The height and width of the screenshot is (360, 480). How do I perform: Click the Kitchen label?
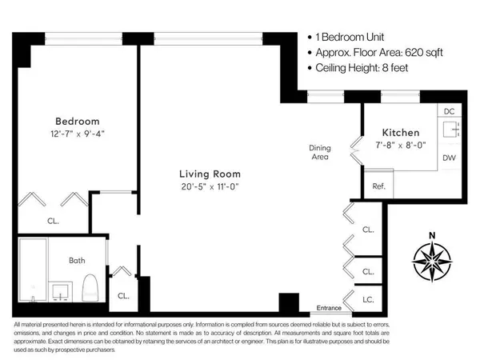click(401, 133)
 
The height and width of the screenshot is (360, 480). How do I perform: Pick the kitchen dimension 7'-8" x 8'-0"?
click(401, 146)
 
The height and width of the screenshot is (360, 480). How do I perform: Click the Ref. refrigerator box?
click(379, 186)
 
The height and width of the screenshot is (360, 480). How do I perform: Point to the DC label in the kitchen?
click(449, 111)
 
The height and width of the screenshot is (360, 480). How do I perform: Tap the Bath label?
click(76, 259)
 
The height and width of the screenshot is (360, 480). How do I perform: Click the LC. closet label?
click(368, 299)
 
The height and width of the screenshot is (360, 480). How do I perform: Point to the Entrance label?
click(330, 308)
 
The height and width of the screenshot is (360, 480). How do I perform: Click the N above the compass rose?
click(431, 234)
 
